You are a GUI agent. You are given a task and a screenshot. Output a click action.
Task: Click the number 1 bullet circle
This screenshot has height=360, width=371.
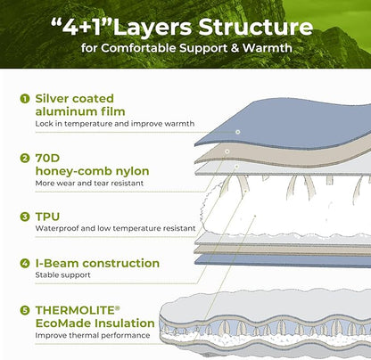[x=25, y=99]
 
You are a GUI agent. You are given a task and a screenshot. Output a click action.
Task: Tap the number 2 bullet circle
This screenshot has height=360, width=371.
[x=25, y=158]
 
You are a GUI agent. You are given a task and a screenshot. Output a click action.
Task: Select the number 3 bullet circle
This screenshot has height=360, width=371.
[x=25, y=217]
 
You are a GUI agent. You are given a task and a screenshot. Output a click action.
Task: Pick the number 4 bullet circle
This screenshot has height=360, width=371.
[x=25, y=263]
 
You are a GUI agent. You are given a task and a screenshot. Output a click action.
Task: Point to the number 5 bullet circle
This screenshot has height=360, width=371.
[x=25, y=310]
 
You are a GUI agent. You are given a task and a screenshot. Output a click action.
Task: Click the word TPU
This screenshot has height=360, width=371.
[x=47, y=217]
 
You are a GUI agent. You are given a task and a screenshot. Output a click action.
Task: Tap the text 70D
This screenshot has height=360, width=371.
[x=47, y=158]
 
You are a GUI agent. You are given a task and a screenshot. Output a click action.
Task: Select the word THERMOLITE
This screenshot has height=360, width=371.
[x=75, y=310]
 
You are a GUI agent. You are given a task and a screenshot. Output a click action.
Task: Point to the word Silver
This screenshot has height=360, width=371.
[x=52, y=99]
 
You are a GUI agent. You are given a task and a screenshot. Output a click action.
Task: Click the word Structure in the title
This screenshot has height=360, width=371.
[x=256, y=27]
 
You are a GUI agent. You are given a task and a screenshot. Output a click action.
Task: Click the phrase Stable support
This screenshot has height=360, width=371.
[x=62, y=275]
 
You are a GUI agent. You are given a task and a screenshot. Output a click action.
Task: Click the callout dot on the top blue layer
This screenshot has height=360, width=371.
[x=237, y=132]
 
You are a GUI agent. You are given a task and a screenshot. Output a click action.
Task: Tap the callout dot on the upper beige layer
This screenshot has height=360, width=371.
[x=227, y=151]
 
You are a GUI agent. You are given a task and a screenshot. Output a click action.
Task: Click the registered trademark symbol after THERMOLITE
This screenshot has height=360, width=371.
[x=118, y=307]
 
